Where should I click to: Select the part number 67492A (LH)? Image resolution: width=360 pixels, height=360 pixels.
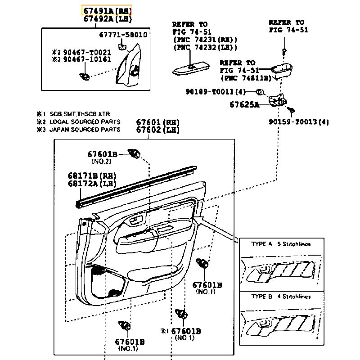[107, 19]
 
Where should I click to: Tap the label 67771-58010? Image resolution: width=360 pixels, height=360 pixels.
[123, 35]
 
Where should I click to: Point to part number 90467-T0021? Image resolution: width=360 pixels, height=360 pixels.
[88, 52]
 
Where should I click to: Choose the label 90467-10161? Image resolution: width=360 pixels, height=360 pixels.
[88, 59]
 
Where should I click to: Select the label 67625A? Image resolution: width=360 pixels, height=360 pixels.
[245, 105]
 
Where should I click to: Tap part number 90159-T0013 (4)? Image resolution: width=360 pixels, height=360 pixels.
[299, 122]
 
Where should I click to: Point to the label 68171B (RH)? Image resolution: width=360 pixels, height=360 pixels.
[92, 176]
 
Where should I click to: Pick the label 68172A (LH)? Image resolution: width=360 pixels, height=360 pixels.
[92, 184]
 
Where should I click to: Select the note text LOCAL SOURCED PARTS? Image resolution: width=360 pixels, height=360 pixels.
[85, 121]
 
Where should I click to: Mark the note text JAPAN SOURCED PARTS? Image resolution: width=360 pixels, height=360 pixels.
[85, 130]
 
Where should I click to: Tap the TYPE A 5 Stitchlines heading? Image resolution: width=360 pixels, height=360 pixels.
[280, 244]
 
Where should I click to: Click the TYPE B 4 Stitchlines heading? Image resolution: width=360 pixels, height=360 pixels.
[280, 297]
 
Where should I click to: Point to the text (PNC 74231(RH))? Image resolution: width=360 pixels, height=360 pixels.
[205, 40]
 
